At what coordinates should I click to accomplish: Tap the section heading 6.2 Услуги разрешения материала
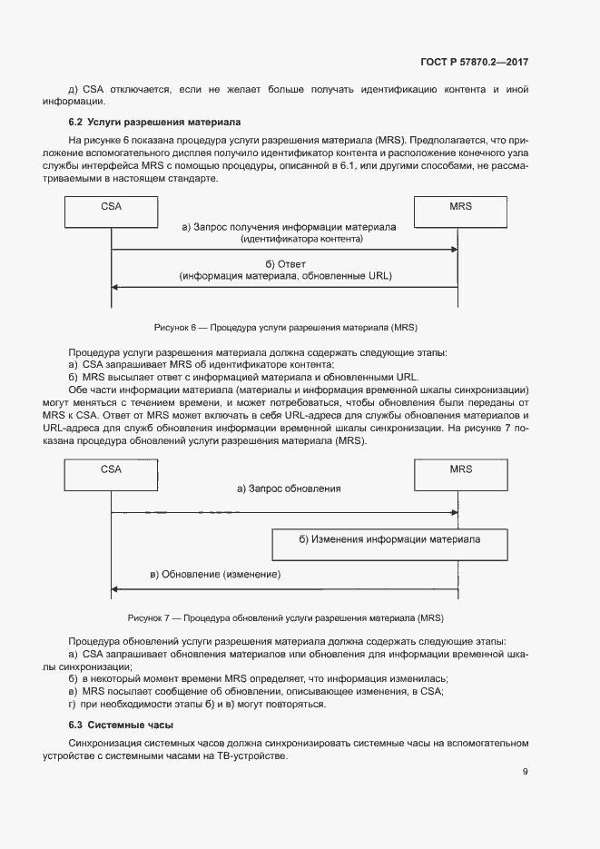point(154,122)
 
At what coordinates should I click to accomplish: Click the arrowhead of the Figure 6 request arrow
point(453,250)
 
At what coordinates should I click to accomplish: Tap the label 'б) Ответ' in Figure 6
point(285,263)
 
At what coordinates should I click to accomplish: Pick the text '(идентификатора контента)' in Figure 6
point(301,238)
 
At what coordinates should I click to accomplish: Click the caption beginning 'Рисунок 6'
point(286,326)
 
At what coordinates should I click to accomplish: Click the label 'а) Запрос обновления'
point(289,489)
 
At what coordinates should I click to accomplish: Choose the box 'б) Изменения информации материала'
point(389,539)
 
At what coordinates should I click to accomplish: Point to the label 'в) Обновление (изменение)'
point(215,575)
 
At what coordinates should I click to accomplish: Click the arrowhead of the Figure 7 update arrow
point(115,589)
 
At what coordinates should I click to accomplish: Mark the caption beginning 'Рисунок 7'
point(285,618)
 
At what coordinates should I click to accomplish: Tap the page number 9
point(525,772)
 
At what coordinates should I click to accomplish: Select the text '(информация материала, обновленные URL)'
point(285,275)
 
